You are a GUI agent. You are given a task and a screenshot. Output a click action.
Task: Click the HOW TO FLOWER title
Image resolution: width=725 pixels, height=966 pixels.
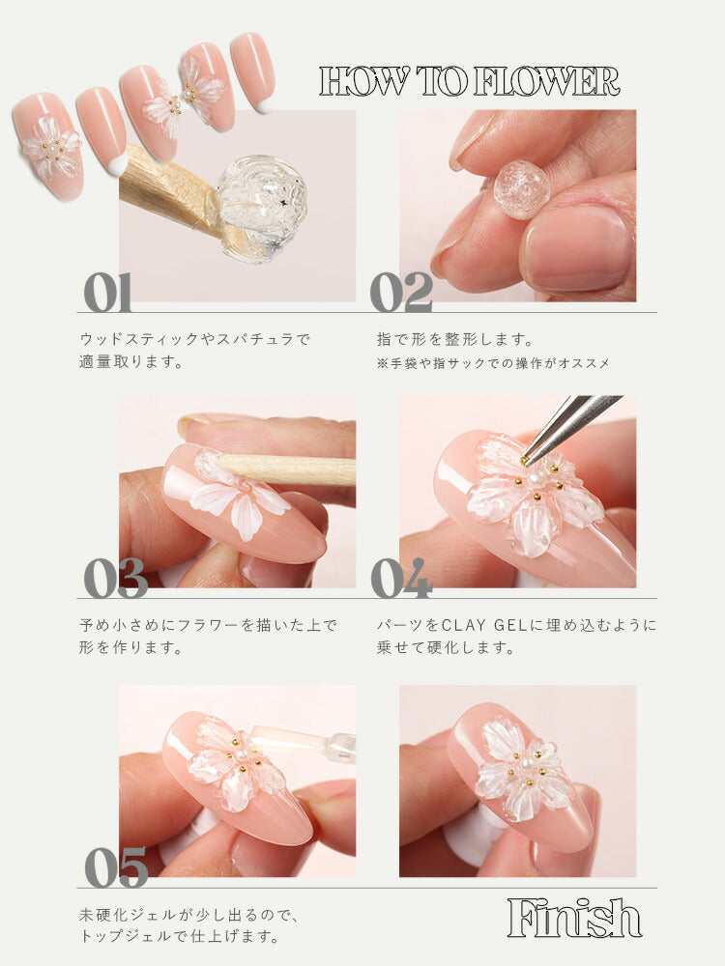469,82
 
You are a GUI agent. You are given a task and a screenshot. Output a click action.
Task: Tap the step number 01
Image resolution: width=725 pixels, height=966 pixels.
107,292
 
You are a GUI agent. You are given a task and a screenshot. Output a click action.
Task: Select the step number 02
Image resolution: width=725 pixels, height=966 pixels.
401,292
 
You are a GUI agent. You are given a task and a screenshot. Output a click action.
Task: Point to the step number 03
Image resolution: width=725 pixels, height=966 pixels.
115,578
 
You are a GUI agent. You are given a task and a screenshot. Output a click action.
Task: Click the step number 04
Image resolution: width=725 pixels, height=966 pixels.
401,578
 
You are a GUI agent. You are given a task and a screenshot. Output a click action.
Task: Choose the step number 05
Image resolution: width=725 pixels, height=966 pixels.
115,867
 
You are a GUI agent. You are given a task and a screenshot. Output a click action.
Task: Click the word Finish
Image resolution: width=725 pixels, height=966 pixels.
574,918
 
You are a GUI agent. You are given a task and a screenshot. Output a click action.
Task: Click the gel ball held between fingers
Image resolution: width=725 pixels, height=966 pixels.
521,189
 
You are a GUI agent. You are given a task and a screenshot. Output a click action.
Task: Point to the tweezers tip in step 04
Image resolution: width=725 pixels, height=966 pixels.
529,455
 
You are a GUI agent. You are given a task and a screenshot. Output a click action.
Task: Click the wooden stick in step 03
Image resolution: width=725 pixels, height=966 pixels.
290,469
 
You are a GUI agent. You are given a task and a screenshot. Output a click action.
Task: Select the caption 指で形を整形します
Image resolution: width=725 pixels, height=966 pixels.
454,340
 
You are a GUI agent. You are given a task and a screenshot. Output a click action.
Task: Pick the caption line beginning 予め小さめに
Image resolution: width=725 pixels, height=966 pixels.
208,626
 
